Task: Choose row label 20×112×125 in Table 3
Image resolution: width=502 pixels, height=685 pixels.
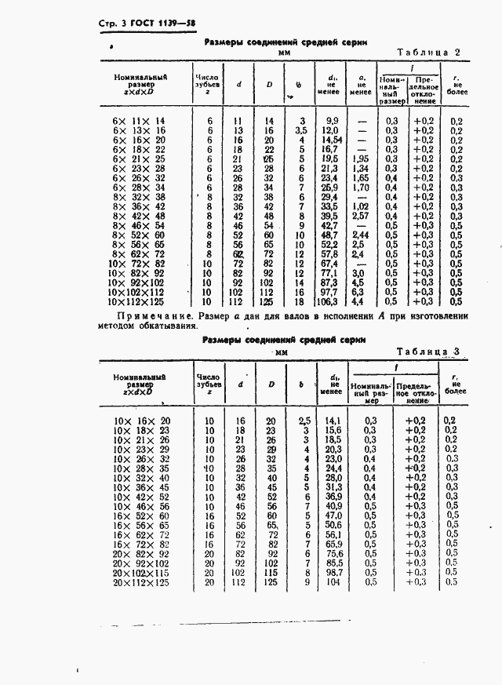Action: coord(142,583)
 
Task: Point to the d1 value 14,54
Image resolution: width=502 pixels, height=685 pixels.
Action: coord(329,139)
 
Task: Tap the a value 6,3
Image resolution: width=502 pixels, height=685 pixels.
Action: coord(360,291)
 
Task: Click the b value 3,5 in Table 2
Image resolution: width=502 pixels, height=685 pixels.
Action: coord(300,129)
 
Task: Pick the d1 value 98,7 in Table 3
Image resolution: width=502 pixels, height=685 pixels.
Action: coord(334,574)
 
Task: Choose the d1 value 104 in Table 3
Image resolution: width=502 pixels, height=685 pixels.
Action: coord(334,583)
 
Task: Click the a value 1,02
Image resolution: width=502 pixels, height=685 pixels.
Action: coord(360,206)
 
